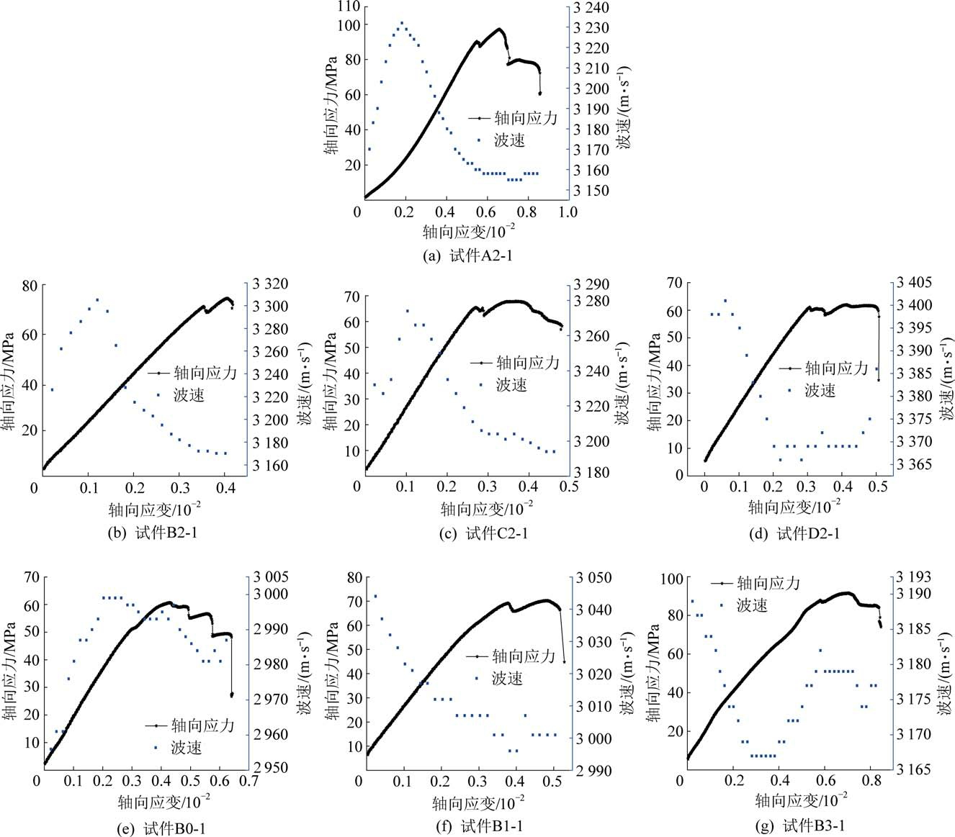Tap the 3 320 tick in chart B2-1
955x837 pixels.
(270, 284)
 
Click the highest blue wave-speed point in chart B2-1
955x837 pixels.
(97, 300)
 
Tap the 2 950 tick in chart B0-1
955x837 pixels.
(270, 768)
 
